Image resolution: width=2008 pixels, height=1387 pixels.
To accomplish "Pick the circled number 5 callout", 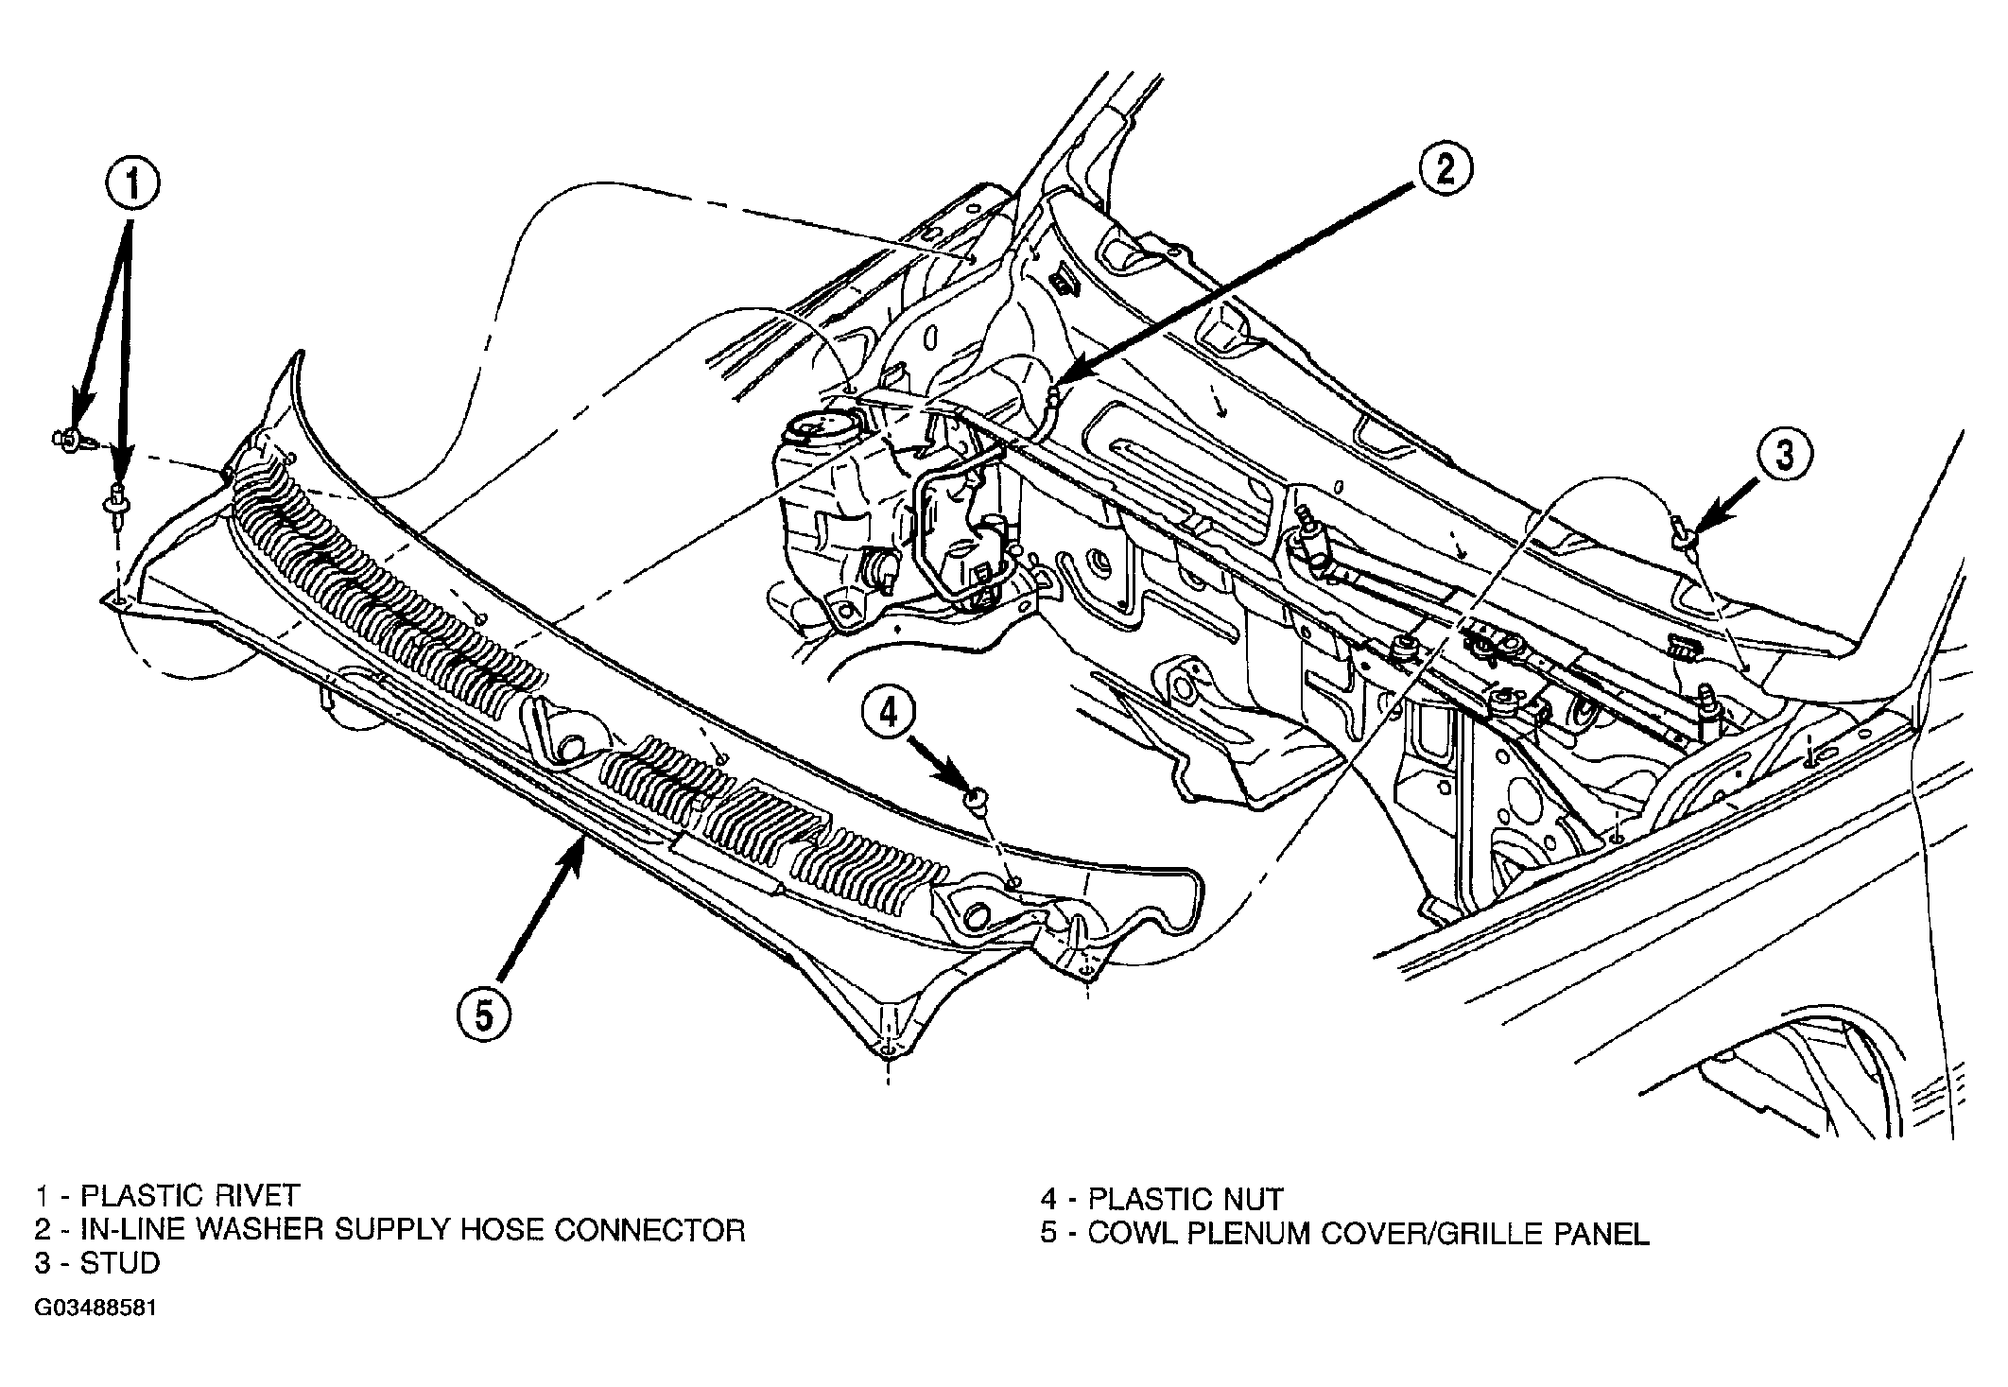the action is click(x=484, y=1015).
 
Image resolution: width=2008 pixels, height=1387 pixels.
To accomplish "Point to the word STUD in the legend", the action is click(x=119, y=1263).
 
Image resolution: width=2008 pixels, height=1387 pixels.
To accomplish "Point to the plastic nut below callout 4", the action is click(x=974, y=799).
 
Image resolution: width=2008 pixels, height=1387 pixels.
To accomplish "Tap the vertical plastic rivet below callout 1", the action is click(x=118, y=503).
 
